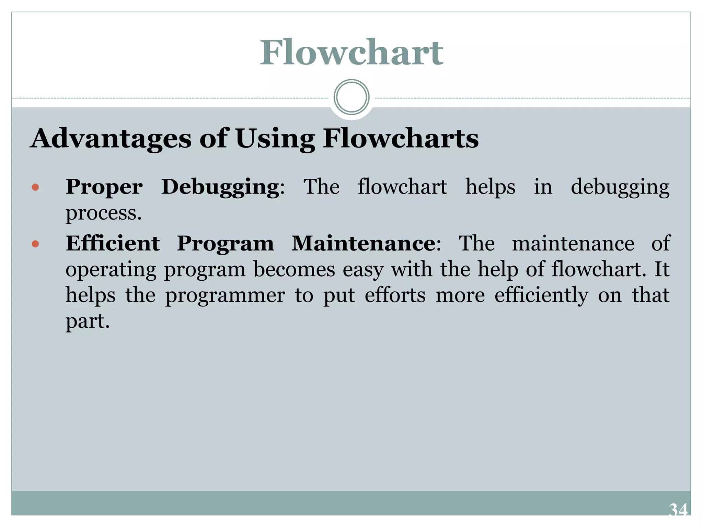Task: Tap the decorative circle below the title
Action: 351,97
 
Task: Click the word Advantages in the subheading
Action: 111,138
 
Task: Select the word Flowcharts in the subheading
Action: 401,138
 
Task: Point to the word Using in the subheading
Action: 275,139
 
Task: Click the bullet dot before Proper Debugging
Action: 35,187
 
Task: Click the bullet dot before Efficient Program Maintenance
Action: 35,244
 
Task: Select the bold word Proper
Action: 104,188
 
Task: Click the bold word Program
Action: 226,244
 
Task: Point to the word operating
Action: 111,270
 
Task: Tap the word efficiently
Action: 541,295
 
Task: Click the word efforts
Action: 395,295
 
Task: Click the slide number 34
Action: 678,510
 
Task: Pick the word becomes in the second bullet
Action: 294,269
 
